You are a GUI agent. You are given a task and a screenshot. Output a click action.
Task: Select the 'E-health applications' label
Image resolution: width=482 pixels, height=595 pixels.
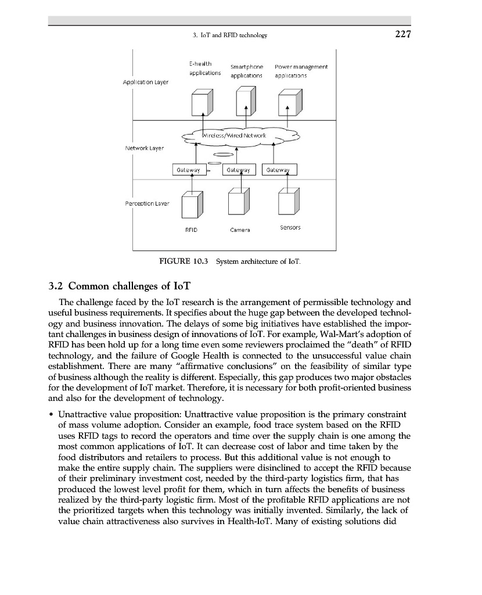click(205, 69)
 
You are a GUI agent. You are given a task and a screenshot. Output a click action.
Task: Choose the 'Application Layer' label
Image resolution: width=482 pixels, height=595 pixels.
click(146, 82)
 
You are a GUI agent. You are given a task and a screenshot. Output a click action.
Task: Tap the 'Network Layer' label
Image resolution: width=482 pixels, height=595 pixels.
click(145, 148)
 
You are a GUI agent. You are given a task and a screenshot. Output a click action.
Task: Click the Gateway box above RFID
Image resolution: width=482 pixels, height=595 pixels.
click(187, 170)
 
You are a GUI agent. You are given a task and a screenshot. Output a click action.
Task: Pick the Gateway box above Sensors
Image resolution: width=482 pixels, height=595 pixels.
click(279, 170)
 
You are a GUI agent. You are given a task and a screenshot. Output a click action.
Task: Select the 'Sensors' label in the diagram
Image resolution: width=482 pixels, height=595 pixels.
click(290, 228)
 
